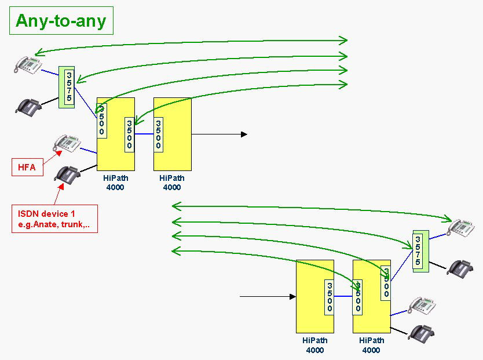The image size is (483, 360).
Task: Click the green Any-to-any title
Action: [x=61, y=21]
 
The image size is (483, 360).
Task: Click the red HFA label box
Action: [x=27, y=168]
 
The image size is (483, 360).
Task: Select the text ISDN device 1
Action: [x=46, y=213]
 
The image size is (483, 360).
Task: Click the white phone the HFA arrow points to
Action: [x=67, y=143]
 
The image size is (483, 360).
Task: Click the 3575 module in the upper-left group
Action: [x=67, y=87]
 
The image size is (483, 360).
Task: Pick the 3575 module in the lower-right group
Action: [x=420, y=251]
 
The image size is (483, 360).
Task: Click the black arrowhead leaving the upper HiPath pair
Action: [x=244, y=134]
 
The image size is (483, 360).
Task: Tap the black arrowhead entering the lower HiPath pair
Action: [x=292, y=296]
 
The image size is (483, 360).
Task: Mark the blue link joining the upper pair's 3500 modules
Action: [x=144, y=134]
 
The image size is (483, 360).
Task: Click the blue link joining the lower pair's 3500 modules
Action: [x=343, y=296]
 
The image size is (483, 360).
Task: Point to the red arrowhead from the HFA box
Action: [x=58, y=152]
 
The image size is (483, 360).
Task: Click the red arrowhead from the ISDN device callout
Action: [x=61, y=187]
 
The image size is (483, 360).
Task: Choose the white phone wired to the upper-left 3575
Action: [x=28, y=65]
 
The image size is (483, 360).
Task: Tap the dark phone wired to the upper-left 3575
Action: [x=28, y=106]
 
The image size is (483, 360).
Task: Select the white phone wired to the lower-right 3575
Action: [x=461, y=228]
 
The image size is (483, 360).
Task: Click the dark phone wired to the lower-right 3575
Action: [x=460, y=269]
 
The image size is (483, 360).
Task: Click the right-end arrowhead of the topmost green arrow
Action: [x=343, y=41]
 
